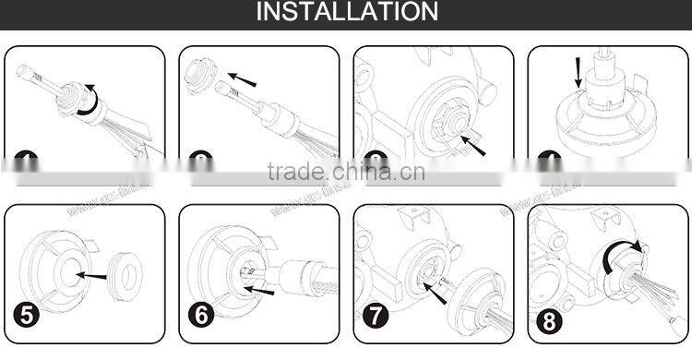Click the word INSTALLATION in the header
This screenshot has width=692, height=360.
point(346,13)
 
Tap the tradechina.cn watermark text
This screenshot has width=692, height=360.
point(346,172)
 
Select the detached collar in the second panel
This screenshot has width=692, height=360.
point(199,74)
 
